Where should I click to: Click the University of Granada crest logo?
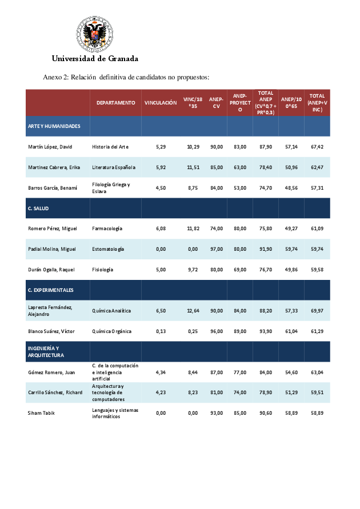tap(95, 34)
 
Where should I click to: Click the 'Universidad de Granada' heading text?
tap(95, 58)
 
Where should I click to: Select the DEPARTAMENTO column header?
tap(115, 103)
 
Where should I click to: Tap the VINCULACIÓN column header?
tap(161, 103)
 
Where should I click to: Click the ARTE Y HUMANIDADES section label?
tap(54, 126)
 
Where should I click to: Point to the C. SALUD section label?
tap(39, 208)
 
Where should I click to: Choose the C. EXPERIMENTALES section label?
tap(51, 290)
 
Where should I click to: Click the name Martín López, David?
tap(50, 147)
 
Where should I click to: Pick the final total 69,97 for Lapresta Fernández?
tap(317, 311)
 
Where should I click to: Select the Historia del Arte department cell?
tap(110, 147)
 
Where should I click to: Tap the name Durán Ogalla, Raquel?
tap(51, 270)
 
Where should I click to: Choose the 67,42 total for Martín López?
tap(317, 147)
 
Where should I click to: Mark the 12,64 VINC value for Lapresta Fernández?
tap(193, 311)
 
